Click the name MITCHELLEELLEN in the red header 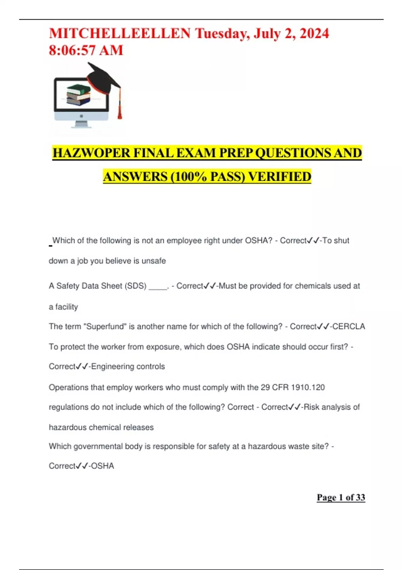120,34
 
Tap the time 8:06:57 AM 86,50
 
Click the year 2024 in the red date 314,34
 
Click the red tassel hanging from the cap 119,107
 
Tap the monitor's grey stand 81,124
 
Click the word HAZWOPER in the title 91,153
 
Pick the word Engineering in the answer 111,366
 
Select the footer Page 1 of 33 341,497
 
